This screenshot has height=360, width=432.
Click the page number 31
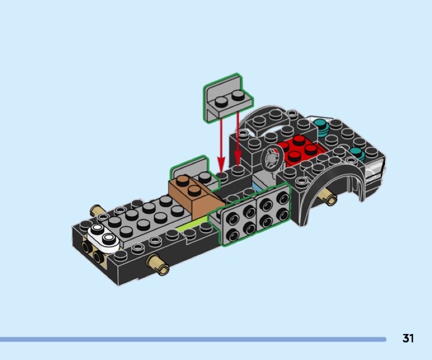click(408, 338)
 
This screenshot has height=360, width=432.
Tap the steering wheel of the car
click(272, 158)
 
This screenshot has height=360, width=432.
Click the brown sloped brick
click(194, 196)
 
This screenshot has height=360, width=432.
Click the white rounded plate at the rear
click(103, 237)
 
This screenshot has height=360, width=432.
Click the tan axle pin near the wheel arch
click(329, 196)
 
